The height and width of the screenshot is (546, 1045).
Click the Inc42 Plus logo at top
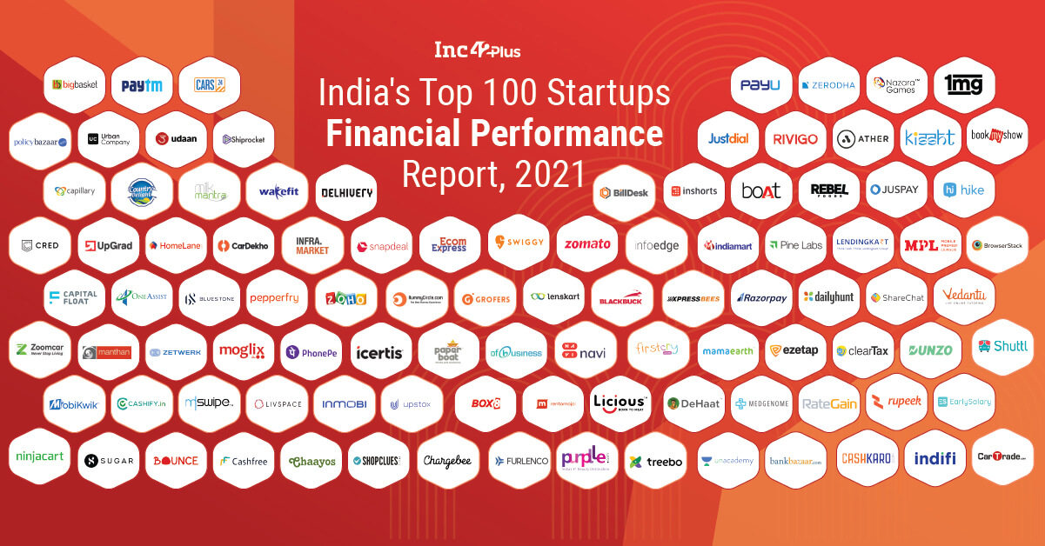point(478,50)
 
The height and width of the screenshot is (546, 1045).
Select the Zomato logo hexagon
point(587,244)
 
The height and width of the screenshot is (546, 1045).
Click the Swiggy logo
point(519,243)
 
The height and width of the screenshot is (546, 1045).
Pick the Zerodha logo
point(828,85)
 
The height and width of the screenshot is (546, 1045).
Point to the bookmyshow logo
point(998,136)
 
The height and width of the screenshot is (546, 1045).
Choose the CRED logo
point(40,246)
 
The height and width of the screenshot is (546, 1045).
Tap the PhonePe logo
point(311,352)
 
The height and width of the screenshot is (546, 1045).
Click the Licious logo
point(620,403)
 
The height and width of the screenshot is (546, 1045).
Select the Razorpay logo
point(761,297)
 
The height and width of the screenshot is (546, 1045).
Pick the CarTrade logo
point(1001,456)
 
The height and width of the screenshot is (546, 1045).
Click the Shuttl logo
point(1002,346)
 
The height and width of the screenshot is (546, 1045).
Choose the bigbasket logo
point(75,85)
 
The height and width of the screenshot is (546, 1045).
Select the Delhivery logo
point(345,193)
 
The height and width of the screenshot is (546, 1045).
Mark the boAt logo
point(760,190)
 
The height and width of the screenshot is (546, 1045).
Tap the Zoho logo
point(345,298)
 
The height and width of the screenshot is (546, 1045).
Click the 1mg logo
point(963,85)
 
